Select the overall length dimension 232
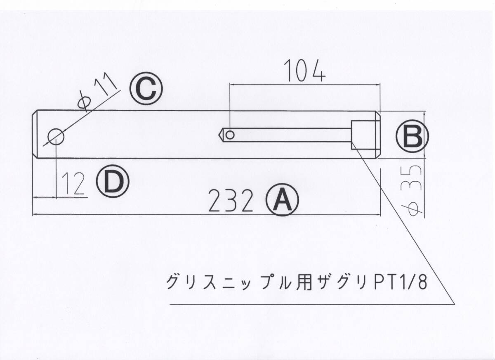click(x=230, y=201)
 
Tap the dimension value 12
click(x=74, y=183)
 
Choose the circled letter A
click(x=282, y=200)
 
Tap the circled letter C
click(x=146, y=89)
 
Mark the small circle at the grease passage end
click(x=231, y=135)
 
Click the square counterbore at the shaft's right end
click(x=364, y=135)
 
